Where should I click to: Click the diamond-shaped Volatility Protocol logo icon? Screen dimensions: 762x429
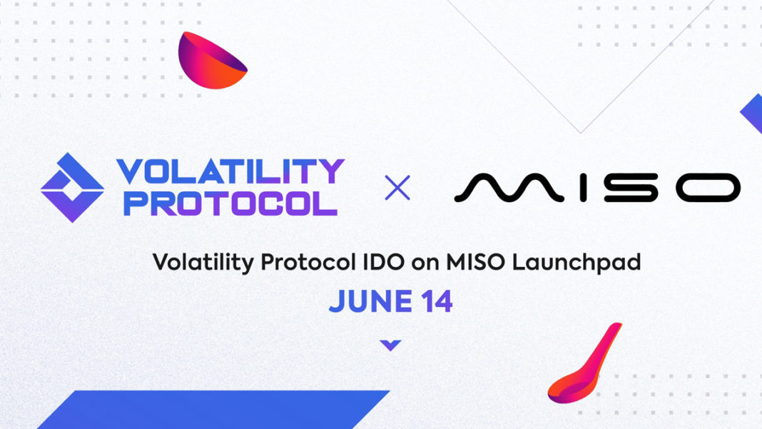pyautogui.click(x=72, y=188)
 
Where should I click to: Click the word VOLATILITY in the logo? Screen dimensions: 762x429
pyautogui.click(x=230, y=171)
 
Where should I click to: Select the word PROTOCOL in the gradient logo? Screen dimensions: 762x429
pyautogui.click(x=230, y=203)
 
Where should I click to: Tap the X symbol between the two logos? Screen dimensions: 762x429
pyautogui.click(x=397, y=188)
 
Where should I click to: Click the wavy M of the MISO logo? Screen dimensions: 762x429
pyautogui.click(x=509, y=187)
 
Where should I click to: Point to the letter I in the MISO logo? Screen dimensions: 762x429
pyautogui.click(x=583, y=188)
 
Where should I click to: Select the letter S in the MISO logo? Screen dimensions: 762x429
pyautogui.click(x=630, y=188)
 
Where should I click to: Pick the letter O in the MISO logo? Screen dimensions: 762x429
pyautogui.click(x=708, y=188)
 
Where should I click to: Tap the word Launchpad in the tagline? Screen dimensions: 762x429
pyautogui.click(x=576, y=263)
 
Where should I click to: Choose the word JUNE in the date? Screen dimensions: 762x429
pyautogui.click(x=371, y=301)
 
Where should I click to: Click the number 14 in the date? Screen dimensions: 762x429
pyautogui.click(x=437, y=301)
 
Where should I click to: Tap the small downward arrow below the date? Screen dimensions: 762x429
pyautogui.click(x=390, y=345)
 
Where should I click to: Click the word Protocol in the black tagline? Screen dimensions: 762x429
pyautogui.click(x=309, y=262)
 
